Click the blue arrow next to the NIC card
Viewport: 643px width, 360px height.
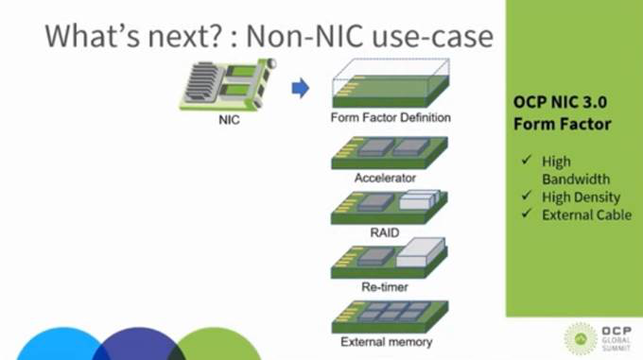(300, 89)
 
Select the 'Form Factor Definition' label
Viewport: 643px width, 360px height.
(391, 119)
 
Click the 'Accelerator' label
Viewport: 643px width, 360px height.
(386, 177)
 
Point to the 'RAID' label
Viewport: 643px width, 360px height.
(386, 231)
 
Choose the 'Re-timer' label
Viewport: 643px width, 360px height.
(386, 285)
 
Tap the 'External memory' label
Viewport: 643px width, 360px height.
(387, 341)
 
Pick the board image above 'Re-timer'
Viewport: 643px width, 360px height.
(389, 258)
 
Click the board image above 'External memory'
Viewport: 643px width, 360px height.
(389, 315)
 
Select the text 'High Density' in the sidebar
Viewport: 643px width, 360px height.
(581, 197)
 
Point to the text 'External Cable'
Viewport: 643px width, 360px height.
(586, 215)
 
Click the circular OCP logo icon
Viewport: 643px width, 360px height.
(580, 337)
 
